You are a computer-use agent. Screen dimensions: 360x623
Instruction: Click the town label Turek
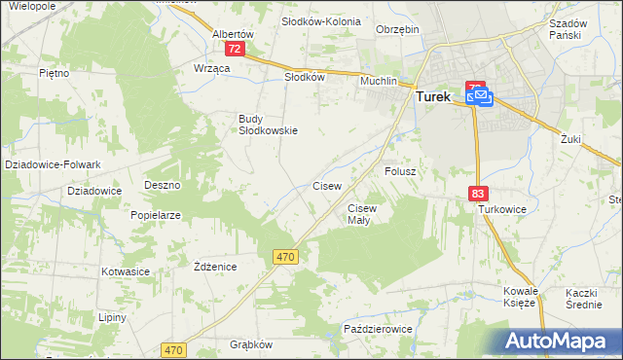[x=436, y=97]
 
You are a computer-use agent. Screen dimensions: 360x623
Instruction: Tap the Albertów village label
[x=233, y=33]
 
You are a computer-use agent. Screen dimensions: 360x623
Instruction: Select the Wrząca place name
[x=211, y=69]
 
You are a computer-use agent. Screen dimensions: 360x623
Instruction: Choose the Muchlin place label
[x=379, y=82]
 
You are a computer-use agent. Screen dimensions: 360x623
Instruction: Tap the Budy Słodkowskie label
[x=268, y=125]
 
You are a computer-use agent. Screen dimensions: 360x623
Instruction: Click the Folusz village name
[x=400, y=171]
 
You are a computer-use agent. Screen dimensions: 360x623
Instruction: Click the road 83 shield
[x=477, y=195]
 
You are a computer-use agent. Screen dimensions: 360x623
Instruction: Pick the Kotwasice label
[x=123, y=272]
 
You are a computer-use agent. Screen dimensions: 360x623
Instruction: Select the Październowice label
[x=379, y=330]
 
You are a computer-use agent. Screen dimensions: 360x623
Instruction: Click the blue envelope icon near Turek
[x=480, y=96]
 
